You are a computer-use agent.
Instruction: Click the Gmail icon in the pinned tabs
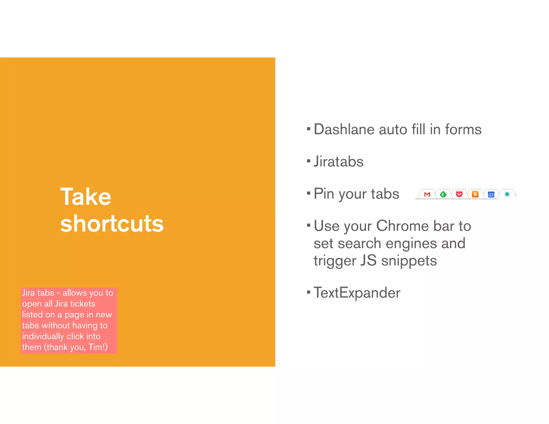[427, 194]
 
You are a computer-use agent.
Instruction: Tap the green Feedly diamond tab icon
[443, 194]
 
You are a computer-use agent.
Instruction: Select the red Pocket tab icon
[459, 194]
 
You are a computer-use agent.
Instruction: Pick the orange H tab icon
[475, 194]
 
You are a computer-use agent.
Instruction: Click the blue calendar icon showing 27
[491, 194]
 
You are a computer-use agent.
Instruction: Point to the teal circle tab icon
[507, 194]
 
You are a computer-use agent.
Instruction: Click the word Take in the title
[86, 197]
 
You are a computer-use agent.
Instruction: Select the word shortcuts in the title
[112, 224]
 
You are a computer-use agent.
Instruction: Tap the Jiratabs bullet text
[339, 162]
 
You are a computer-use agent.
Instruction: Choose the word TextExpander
[357, 293]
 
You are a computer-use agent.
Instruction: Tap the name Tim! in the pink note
[98, 347]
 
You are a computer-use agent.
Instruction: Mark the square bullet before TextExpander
[309, 292]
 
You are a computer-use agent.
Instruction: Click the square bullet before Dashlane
[309, 129]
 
